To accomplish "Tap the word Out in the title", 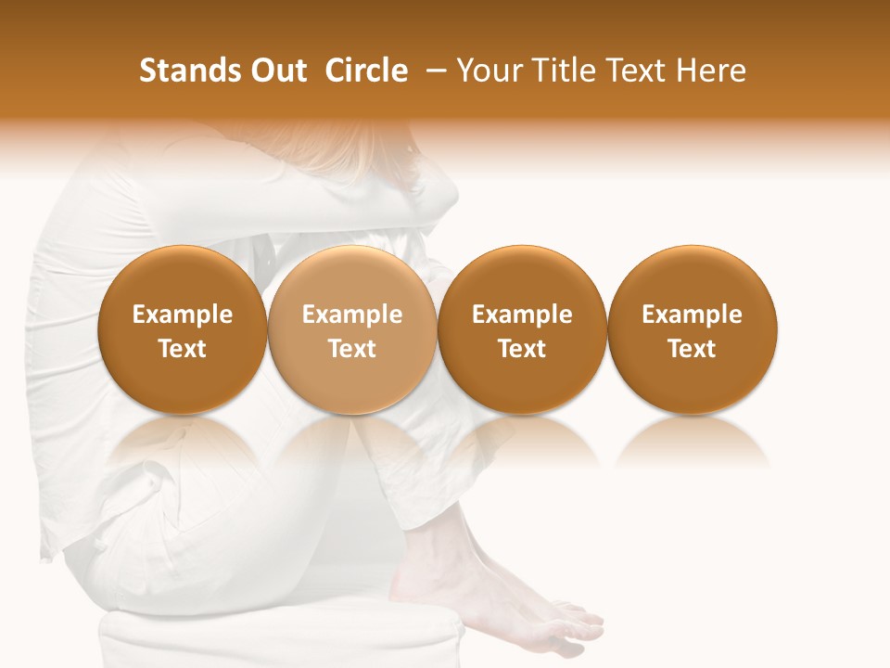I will (275, 71).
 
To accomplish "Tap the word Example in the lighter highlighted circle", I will (352, 315).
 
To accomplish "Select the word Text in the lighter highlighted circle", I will (352, 349).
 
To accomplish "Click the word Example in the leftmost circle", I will (183, 315).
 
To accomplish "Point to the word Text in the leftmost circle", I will (183, 349).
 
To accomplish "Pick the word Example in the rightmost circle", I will (692, 315).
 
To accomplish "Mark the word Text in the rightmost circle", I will (692, 349).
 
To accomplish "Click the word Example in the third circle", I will (522, 315).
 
